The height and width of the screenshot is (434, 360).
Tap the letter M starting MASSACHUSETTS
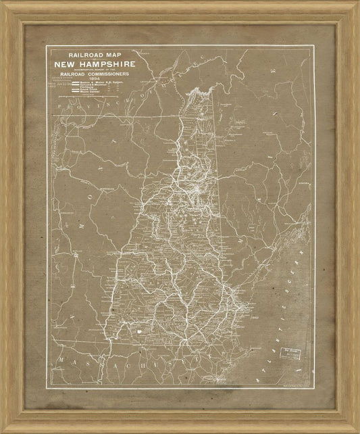[x=60, y=358]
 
